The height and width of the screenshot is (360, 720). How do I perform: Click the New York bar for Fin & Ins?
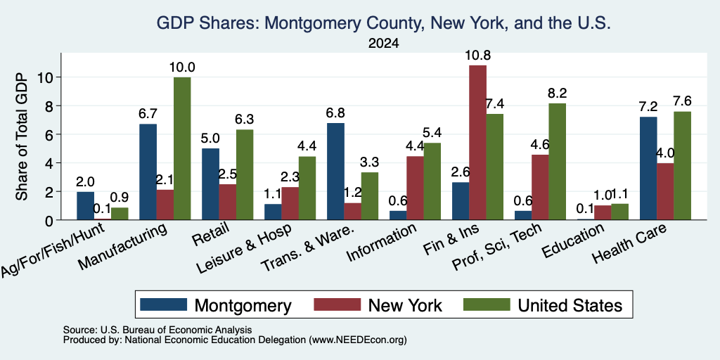point(477,142)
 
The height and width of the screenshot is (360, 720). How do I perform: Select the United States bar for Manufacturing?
point(182,148)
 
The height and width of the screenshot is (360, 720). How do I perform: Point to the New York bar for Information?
point(415,188)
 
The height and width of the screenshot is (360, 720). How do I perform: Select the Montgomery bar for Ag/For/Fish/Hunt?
point(85,206)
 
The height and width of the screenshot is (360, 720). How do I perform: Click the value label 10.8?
point(477,56)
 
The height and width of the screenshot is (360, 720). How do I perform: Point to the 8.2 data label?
point(557,94)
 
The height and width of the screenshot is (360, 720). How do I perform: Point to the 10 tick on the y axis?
point(50,77)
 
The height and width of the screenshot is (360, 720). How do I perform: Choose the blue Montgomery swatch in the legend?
point(164,304)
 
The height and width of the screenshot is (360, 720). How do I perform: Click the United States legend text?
point(570,305)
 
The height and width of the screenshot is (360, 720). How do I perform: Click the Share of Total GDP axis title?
point(22,136)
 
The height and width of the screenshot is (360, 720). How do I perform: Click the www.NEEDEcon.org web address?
point(358,340)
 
